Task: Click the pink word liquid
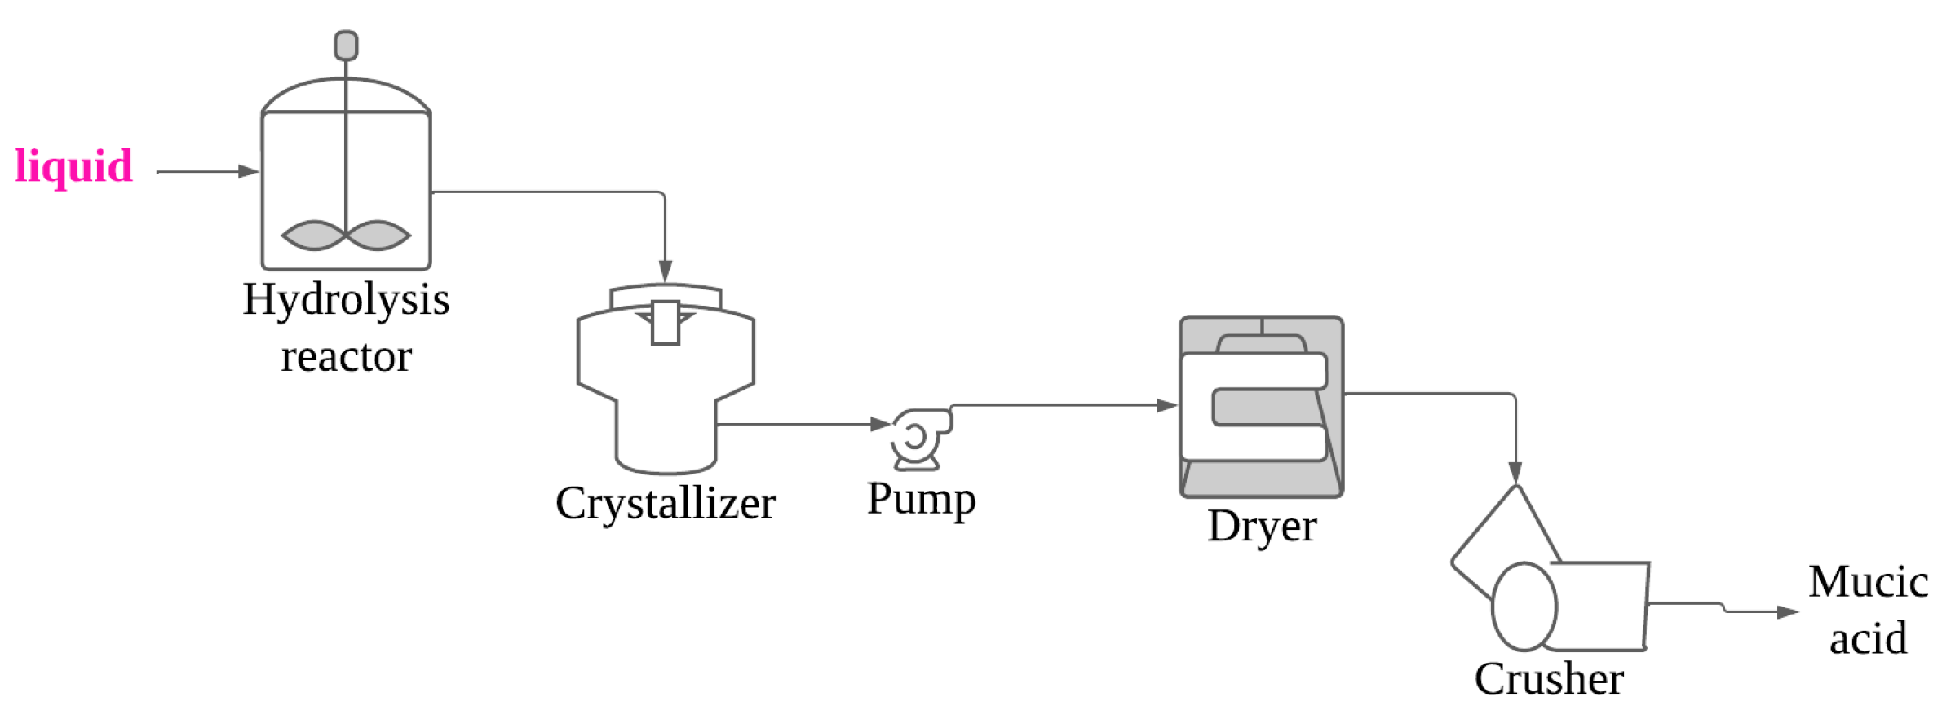click(73, 166)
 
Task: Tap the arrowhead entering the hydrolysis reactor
click(249, 171)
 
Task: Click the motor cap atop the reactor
click(346, 46)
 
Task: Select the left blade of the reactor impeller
click(313, 236)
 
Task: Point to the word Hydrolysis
click(346, 300)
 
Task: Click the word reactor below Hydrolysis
click(346, 357)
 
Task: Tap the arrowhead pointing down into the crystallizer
click(665, 271)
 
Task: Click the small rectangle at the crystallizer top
click(666, 323)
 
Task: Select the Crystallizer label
click(665, 504)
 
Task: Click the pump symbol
click(918, 439)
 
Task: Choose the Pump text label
click(921, 499)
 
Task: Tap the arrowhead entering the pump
click(880, 424)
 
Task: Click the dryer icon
click(1261, 407)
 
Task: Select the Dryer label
click(1262, 527)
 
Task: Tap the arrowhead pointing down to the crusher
click(1515, 472)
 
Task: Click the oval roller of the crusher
click(1524, 607)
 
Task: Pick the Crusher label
click(1548, 679)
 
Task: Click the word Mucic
click(1868, 582)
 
